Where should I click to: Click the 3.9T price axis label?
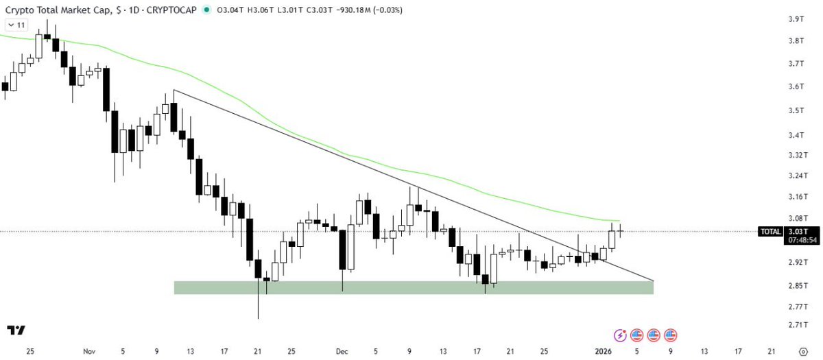(796, 19)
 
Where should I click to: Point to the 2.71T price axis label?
(798, 325)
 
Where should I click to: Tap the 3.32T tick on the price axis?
(798, 155)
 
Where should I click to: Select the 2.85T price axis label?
(798, 285)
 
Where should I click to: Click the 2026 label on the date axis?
(604, 352)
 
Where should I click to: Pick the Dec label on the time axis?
(342, 352)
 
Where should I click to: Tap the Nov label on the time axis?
(89, 352)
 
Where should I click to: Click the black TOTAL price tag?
(770, 232)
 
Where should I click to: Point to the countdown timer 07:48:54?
(802, 240)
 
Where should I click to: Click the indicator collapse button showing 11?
(16, 25)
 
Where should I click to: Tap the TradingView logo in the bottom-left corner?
(16, 331)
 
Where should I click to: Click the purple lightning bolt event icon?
(620, 335)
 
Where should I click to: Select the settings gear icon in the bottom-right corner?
(804, 352)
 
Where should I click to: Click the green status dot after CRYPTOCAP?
(207, 10)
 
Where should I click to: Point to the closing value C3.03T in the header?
(320, 10)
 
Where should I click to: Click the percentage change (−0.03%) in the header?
(387, 10)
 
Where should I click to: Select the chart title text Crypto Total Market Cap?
(58, 10)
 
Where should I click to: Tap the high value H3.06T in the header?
(261, 10)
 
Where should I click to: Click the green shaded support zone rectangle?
(414, 287)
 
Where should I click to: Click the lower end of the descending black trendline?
(654, 280)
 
